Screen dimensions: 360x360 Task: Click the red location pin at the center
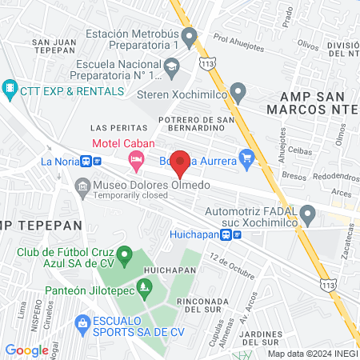pyautogui.click(x=181, y=162)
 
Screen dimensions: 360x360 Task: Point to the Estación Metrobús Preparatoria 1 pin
pyautogui.click(x=189, y=35)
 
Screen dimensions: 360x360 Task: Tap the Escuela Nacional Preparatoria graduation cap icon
pyautogui.click(x=171, y=73)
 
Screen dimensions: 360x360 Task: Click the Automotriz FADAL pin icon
pyautogui.click(x=308, y=213)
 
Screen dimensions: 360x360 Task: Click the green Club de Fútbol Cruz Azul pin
pyautogui.click(x=122, y=254)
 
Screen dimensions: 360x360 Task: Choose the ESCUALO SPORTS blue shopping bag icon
pyautogui.click(x=81, y=322)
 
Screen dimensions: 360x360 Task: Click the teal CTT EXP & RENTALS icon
pyautogui.click(x=10, y=86)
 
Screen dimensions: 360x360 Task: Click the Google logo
pyautogui.click(x=26, y=350)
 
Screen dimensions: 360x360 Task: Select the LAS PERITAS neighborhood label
pyautogui.click(x=119, y=128)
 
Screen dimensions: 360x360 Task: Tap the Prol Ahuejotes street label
pyautogui.click(x=239, y=42)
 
